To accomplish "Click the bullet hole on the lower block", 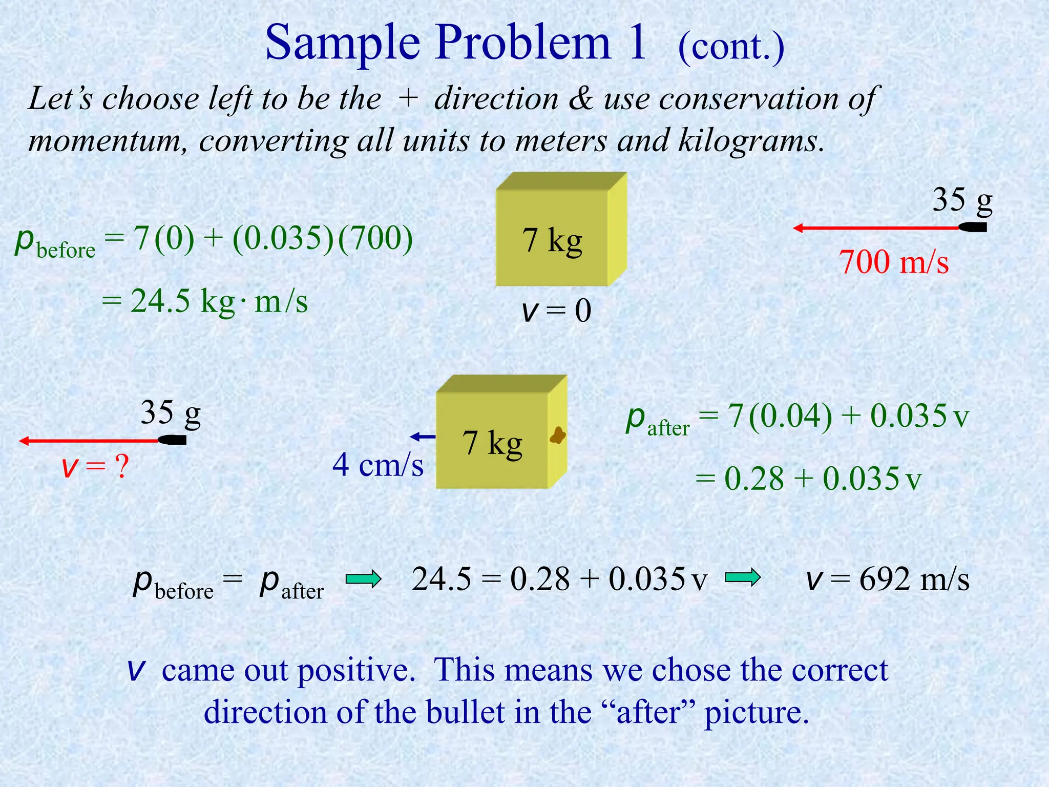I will point(558,436).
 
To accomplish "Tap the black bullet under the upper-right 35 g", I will point(973,227).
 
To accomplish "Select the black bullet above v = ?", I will point(172,440).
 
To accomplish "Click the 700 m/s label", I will point(893,262).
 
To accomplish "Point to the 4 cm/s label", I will point(378,465).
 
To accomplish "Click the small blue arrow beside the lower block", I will point(423,437).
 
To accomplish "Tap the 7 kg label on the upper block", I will point(552,240).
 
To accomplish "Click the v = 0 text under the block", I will point(556,310).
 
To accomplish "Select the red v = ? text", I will point(95,467).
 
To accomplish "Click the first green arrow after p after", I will point(363,579).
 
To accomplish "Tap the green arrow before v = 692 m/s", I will point(743,578).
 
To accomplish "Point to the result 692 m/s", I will point(914,579).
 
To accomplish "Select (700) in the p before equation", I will point(375,239).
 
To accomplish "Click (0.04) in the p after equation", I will point(790,416).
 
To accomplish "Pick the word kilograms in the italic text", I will point(750,140).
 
